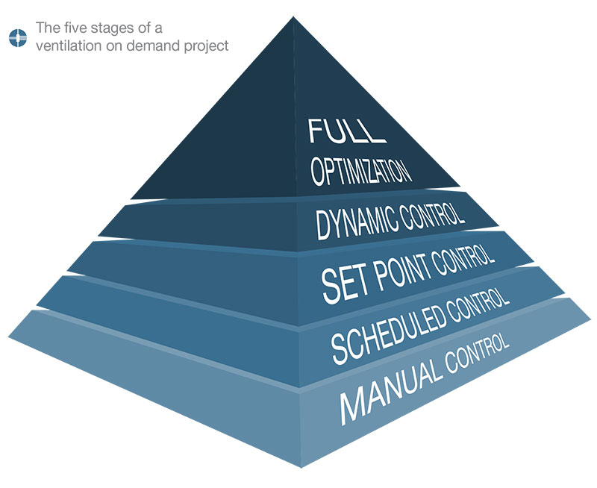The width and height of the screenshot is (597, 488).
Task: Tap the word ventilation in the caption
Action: pos(66,46)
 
